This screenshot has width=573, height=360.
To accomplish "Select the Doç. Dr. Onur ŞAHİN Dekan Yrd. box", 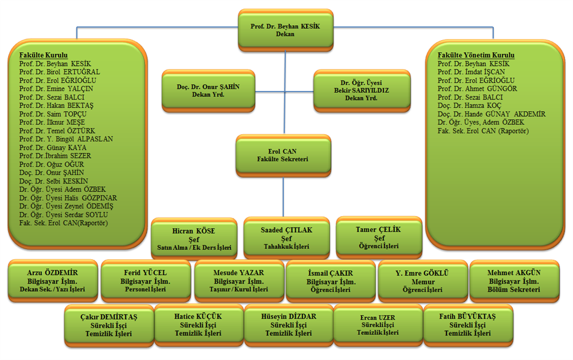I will tap(208, 89).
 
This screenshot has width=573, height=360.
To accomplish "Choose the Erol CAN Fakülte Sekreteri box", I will tap(282, 155).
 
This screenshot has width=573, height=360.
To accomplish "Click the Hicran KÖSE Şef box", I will tap(194, 238).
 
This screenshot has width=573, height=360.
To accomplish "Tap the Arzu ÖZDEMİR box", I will tap(53, 280).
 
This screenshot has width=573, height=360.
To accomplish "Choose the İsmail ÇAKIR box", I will tap(331, 281).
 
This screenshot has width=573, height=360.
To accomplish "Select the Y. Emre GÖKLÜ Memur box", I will tap(422, 280).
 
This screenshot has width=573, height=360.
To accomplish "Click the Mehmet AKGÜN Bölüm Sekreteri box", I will tap(515, 280).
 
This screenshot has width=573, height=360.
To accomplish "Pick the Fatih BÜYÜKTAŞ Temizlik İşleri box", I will tap(468, 324).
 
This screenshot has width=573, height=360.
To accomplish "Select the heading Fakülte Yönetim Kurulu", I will tap(476, 55).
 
